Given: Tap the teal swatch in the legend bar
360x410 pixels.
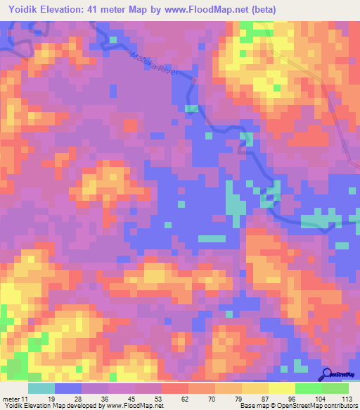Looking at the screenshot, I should click(x=41, y=388).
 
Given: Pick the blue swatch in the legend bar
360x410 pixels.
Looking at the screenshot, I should click(x=68, y=388).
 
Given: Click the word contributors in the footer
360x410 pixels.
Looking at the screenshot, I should click(x=340, y=406).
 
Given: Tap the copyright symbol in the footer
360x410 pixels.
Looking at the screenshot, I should click(x=259, y=406).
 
